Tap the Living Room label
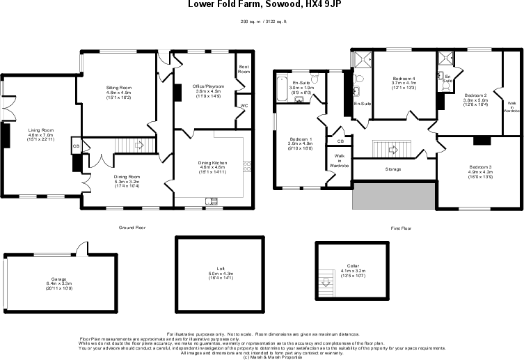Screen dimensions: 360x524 (x=39, y=130)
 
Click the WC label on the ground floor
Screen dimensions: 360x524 (x=244, y=106)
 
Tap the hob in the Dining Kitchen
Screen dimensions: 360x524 (x=246, y=166)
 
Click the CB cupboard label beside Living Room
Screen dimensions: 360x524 (x=75, y=146)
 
